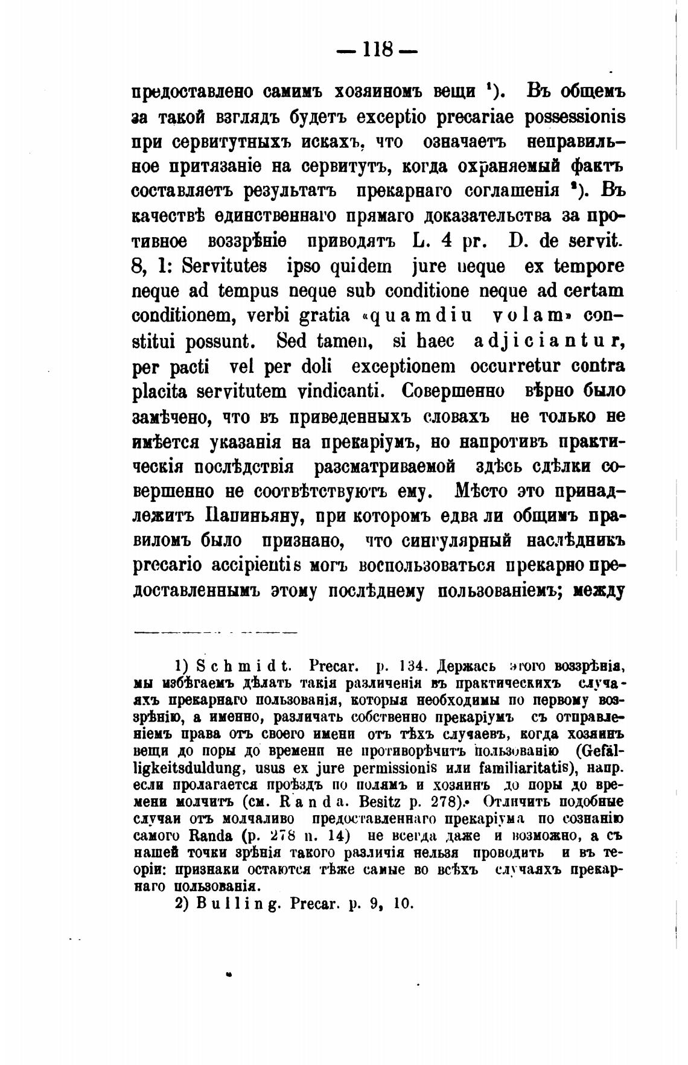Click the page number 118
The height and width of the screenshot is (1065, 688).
378,49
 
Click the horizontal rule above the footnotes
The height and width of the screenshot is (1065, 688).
215,633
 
